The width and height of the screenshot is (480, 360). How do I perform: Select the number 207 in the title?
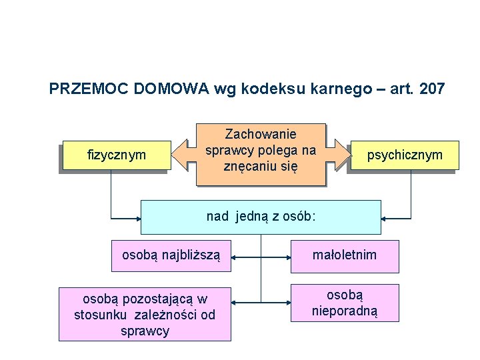point(431,88)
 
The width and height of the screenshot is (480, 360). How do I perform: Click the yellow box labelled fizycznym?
point(116,155)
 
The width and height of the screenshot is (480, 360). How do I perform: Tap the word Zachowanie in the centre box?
point(261,134)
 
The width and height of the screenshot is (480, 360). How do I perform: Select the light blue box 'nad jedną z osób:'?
point(261,217)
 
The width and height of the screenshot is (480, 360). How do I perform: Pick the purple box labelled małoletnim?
point(344,255)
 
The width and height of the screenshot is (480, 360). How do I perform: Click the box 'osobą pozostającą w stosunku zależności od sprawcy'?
point(145,314)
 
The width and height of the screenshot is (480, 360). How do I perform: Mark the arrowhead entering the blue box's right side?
point(386,217)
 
